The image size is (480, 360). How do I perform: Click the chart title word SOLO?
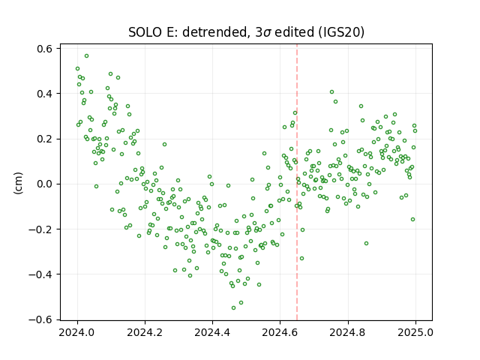tap(145, 32)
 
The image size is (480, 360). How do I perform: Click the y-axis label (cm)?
tap(18, 183)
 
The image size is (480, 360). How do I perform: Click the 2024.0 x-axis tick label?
tap(77, 332)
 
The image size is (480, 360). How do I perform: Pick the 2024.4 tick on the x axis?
tap(212, 332)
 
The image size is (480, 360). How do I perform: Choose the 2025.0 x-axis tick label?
tap(415, 332)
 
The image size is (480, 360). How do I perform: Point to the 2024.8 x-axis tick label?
tap(348, 332)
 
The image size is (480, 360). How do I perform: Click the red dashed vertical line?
tap(297, 182)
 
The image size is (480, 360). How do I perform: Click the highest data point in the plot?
tap(87, 56)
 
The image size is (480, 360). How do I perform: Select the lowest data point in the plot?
tap(233, 308)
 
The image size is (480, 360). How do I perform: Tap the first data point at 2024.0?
tap(77, 69)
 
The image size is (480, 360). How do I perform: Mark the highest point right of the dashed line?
tap(331, 91)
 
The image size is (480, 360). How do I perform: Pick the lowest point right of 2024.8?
tap(366, 243)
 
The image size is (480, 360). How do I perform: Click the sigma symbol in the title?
tap(267, 33)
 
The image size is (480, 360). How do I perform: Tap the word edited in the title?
tap(294, 32)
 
